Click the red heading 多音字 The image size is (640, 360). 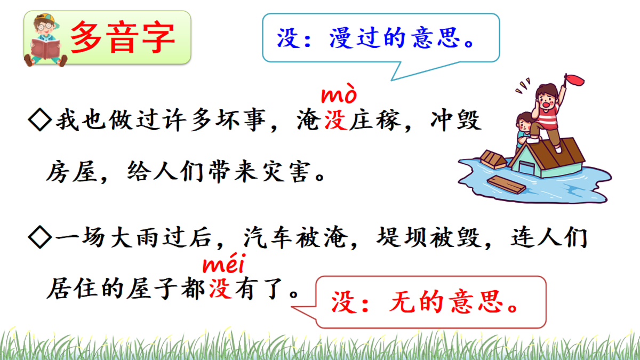(123, 37)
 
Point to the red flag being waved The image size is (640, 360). (576, 80)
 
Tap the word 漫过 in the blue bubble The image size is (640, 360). (355, 38)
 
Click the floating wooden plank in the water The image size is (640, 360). (506, 184)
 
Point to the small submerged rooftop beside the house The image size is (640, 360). (493, 158)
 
